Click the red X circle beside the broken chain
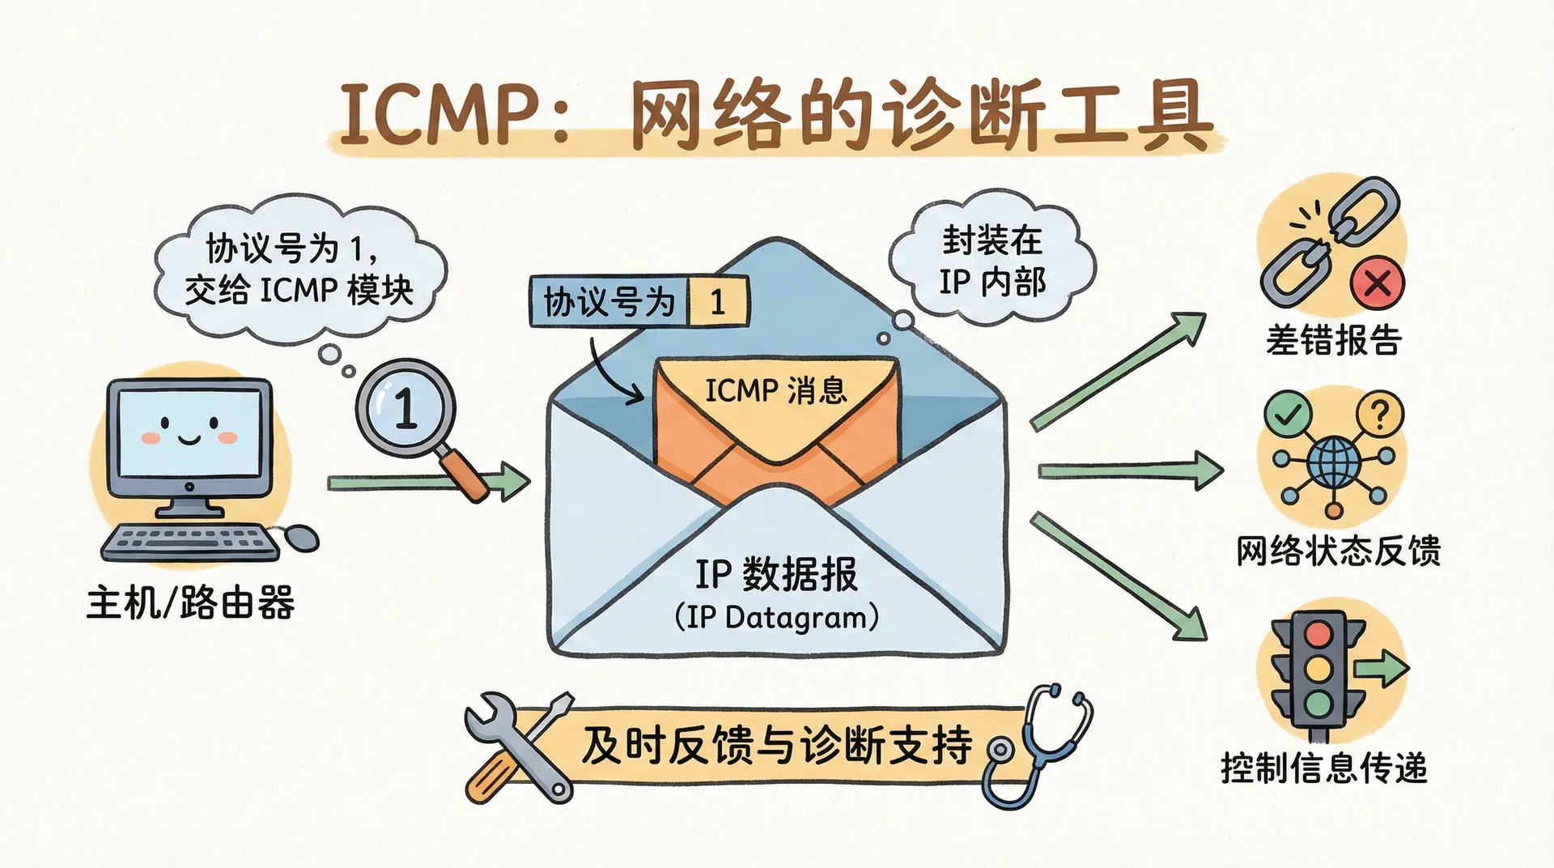[1378, 283]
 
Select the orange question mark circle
[1380, 414]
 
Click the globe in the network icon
[1333, 462]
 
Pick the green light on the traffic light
[1319, 702]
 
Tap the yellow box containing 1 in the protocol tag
[717, 302]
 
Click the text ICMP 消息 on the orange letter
[775, 391]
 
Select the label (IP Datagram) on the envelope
[776, 618]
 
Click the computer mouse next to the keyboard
[301, 536]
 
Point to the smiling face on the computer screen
[189, 431]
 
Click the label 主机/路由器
[191, 603]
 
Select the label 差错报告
[1333, 340]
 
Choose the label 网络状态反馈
[1338, 551]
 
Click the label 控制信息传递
[1323, 768]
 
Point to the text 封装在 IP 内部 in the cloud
[992, 261]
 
